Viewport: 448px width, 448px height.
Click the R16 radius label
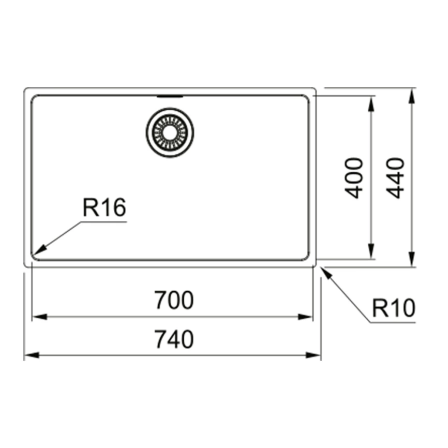point(104,207)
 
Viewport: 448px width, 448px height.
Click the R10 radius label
point(394,308)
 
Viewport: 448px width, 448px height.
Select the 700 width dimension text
point(174,300)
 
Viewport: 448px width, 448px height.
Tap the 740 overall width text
point(174,339)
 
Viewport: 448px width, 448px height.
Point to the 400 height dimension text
point(354,178)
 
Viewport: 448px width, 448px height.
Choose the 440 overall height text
point(395,178)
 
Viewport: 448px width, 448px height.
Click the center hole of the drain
point(170,132)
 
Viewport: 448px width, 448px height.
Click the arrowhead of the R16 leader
point(39,249)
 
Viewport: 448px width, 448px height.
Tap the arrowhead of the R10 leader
point(326,272)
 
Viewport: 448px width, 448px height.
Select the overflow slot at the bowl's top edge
point(170,97)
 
